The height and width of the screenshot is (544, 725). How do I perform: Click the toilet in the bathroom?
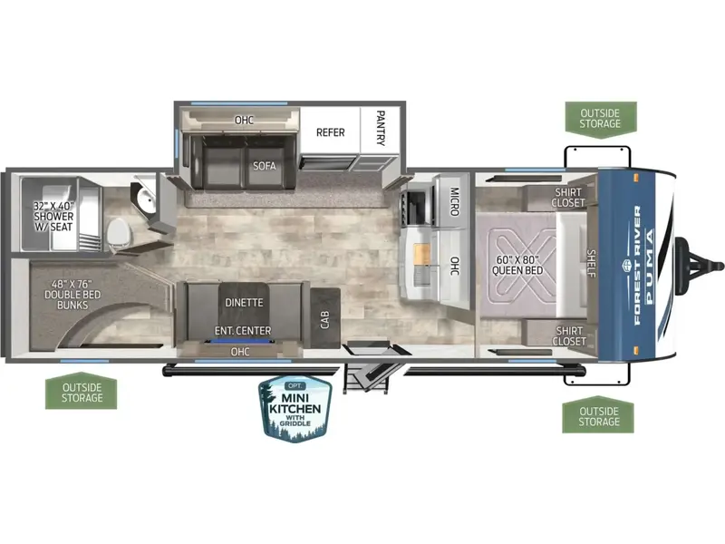click(x=119, y=233)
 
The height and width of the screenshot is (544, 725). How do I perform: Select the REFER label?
click(x=330, y=132)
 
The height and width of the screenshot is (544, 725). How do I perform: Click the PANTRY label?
click(x=381, y=128)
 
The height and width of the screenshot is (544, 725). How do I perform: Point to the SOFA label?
click(x=264, y=166)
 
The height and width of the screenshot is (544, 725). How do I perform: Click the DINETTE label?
click(x=244, y=303)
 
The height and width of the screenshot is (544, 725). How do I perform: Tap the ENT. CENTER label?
click(x=243, y=331)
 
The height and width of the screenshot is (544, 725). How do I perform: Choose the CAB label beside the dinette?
click(x=325, y=320)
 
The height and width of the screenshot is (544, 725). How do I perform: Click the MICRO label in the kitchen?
click(x=454, y=201)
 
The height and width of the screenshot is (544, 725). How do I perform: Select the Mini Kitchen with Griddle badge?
click(x=295, y=409)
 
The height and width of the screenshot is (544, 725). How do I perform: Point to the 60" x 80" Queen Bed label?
click(x=517, y=265)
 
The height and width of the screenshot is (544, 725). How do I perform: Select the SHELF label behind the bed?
click(x=592, y=263)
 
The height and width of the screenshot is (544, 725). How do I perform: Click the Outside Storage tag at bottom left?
click(x=82, y=392)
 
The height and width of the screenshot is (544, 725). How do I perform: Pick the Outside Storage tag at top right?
click(x=600, y=119)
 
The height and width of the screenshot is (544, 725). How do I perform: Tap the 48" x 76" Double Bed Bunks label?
click(x=72, y=294)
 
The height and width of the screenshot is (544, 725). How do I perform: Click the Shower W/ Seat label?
click(x=53, y=216)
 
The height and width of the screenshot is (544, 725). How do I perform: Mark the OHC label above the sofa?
click(x=244, y=121)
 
